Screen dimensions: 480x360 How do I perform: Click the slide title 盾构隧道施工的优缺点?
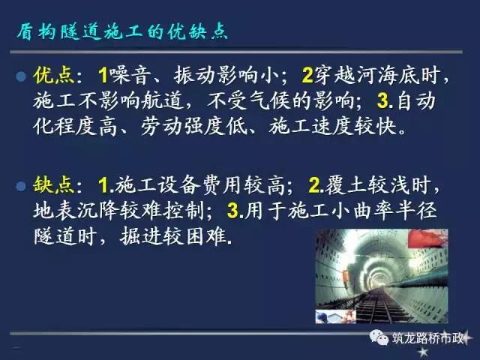pos(121,31)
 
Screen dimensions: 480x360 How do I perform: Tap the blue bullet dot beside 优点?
pos(21,76)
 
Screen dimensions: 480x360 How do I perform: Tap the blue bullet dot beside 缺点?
pos(21,186)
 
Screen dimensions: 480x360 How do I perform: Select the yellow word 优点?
pos(53,75)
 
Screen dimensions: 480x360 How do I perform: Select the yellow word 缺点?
pos(53,185)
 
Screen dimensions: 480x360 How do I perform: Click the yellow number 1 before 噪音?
pos(103,75)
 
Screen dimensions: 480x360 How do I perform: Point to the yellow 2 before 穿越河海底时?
pos(307,75)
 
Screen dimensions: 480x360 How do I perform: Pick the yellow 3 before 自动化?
pos(382,100)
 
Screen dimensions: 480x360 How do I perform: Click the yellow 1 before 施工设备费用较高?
pos(103,185)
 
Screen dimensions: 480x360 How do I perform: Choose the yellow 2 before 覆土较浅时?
pos(314,185)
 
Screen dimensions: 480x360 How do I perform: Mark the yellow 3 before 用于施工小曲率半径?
pos(233,211)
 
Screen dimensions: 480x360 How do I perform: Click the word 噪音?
pos(130,75)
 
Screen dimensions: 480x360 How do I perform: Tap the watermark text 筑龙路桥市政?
pos(427,338)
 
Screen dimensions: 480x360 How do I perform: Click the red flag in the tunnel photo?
pos(427,238)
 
